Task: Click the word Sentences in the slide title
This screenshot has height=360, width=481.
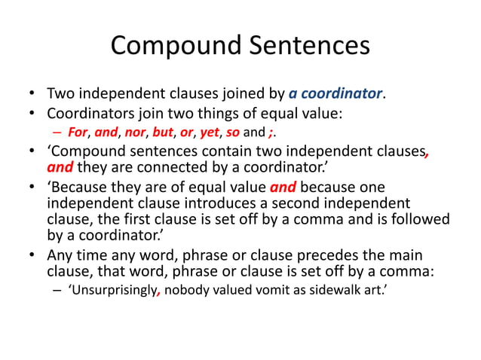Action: tap(308, 46)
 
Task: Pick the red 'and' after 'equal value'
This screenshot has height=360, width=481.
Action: tap(283, 188)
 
